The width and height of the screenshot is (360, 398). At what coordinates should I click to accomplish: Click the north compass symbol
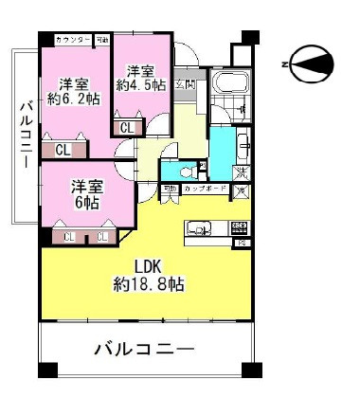click(x=310, y=63)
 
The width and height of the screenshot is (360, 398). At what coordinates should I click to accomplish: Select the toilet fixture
click(x=172, y=172)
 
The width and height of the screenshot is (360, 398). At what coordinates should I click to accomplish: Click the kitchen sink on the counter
click(x=201, y=228)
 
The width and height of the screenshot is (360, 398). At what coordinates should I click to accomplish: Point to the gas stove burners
click(x=240, y=228)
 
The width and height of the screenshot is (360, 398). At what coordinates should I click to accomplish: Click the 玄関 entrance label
click(x=187, y=85)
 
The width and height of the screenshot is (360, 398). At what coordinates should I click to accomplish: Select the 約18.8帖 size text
click(x=147, y=284)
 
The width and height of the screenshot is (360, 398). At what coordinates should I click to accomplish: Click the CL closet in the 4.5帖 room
click(x=126, y=126)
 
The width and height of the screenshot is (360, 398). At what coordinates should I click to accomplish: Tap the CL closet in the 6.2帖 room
click(x=61, y=149)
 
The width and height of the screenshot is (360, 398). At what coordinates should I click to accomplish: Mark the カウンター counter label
click(x=73, y=40)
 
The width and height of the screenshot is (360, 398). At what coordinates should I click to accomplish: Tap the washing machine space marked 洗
click(x=243, y=172)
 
